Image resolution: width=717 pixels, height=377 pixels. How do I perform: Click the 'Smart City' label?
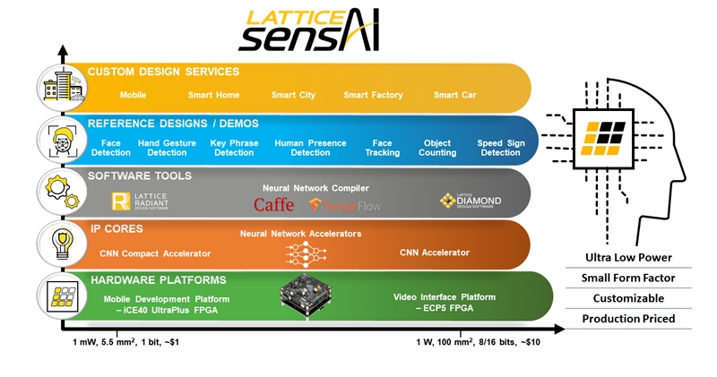pyautogui.click(x=296, y=95)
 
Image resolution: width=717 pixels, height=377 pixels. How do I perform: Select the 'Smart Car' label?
pyautogui.click(x=456, y=95)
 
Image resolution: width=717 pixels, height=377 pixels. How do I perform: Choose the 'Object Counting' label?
pyautogui.click(x=437, y=148)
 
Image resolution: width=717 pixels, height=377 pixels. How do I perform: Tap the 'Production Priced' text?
pyautogui.click(x=627, y=319)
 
